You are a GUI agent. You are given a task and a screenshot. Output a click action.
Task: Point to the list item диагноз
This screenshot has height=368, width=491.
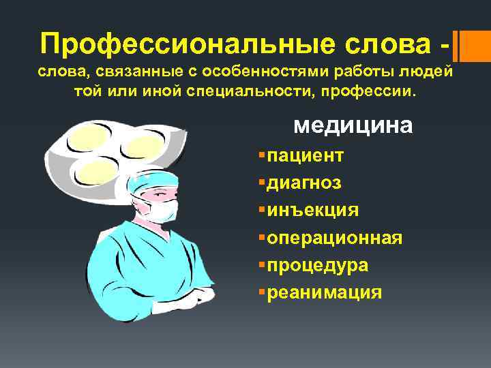[304, 183]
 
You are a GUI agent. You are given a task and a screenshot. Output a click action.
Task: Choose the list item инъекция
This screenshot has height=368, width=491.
[312, 210]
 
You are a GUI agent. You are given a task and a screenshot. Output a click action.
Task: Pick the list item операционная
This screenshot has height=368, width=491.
[334, 237]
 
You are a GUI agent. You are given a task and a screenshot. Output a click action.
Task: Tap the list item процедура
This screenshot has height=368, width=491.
[317, 264]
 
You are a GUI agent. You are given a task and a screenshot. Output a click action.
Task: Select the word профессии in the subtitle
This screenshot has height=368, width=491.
[369, 91]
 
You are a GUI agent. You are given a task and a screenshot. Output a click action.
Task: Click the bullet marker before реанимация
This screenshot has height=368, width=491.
[263, 292]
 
